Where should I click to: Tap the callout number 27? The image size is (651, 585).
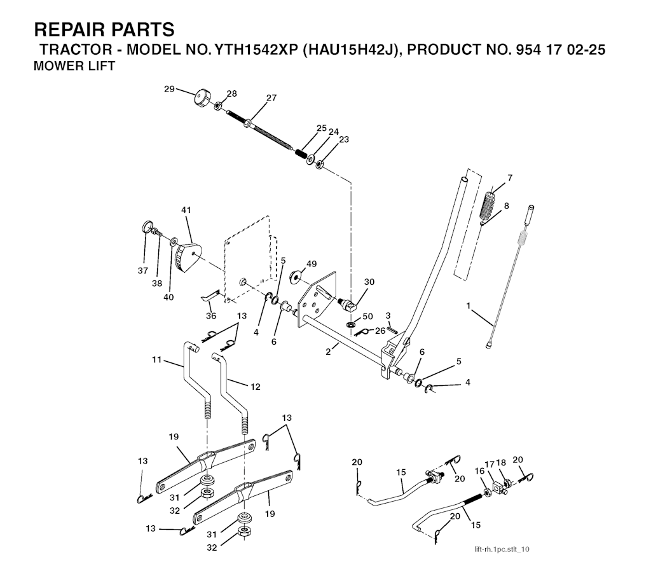pyautogui.click(x=271, y=98)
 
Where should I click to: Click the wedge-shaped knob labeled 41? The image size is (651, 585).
pyautogui.click(x=189, y=258)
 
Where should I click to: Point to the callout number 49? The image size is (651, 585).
pyautogui.click(x=311, y=263)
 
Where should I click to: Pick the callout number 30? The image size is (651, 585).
pyautogui.click(x=369, y=282)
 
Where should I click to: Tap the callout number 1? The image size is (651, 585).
pyautogui.click(x=469, y=306)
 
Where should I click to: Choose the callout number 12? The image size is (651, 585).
pyautogui.click(x=255, y=387)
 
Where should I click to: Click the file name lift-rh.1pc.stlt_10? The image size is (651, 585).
pyautogui.click(x=501, y=549)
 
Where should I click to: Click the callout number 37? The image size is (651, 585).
pyautogui.click(x=142, y=271)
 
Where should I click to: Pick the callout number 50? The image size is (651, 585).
pyautogui.click(x=367, y=317)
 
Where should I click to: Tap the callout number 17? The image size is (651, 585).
pyautogui.click(x=490, y=465)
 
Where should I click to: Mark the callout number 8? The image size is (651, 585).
pyautogui.click(x=506, y=205)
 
